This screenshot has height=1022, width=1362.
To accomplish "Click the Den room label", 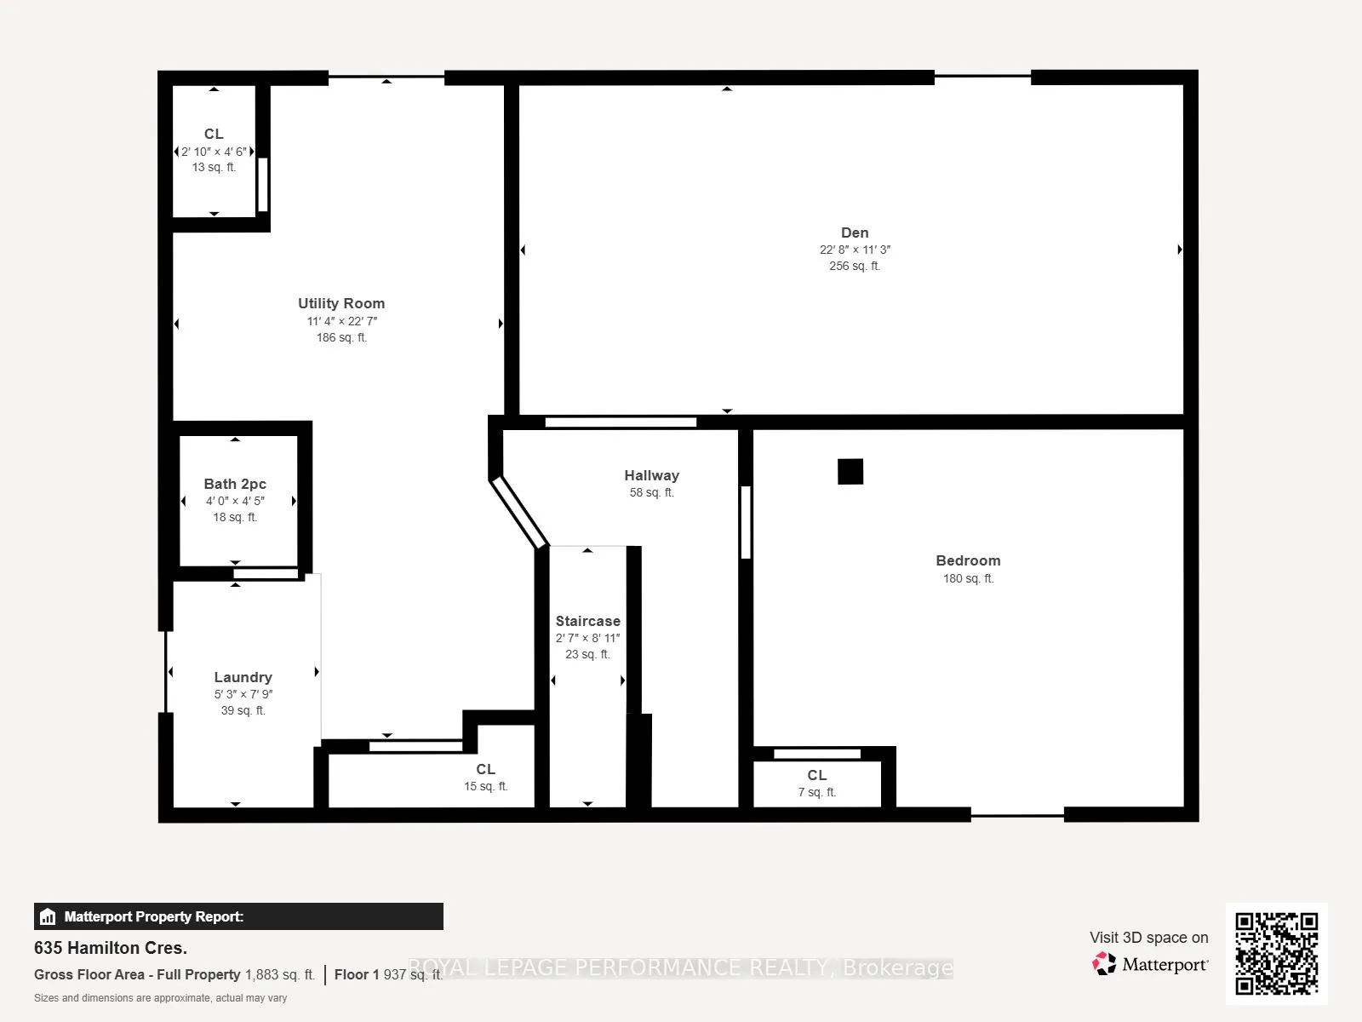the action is click(855, 233).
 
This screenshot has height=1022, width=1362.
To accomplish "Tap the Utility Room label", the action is click(341, 303).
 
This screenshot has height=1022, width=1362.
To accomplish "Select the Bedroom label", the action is click(968, 561).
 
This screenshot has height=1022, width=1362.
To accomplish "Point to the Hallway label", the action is click(651, 475).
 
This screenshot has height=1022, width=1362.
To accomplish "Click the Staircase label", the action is click(587, 621).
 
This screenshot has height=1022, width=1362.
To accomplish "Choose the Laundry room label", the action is click(243, 678).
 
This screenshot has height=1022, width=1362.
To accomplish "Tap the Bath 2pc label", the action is click(235, 484).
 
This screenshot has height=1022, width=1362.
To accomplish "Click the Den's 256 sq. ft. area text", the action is click(855, 266).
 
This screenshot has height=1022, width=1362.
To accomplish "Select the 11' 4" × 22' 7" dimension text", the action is click(342, 321).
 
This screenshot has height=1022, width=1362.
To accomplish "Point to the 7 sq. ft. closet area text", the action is click(816, 792).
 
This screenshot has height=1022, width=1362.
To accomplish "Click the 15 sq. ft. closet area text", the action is click(486, 786).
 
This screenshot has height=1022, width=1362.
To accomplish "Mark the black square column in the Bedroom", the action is click(850, 472).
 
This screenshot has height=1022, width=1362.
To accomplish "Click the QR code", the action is click(1276, 954).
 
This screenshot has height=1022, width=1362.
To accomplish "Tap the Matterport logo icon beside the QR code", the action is click(1104, 964).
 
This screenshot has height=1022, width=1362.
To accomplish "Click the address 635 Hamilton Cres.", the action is click(111, 948).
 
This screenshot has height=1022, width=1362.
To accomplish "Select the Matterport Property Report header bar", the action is click(238, 916).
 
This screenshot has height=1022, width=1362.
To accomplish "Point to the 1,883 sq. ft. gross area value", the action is click(280, 975).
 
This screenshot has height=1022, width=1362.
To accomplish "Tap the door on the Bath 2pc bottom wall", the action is click(266, 574).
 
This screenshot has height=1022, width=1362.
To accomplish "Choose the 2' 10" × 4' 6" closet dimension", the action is click(214, 152).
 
